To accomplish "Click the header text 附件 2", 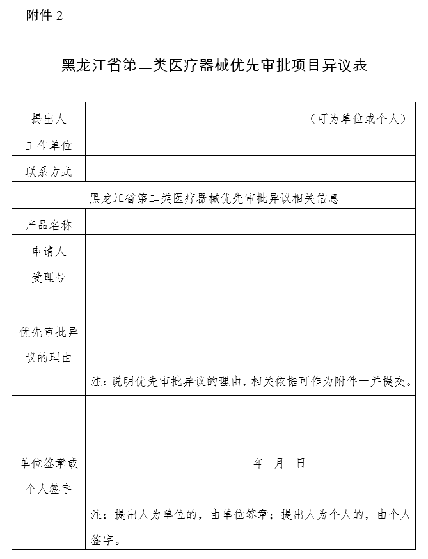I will (x=44, y=16).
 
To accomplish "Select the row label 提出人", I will (x=49, y=119).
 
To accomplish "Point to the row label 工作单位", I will (x=49, y=145).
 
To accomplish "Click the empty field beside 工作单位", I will (x=254, y=142).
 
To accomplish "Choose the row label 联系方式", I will (x=49, y=172).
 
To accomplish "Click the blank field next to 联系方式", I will (x=254, y=169).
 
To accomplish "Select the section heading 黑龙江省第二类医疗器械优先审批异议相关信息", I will (x=214, y=198).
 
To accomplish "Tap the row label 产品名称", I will (x=49, y=225).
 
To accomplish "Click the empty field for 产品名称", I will (x=254, y=222).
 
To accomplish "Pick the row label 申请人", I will (x=49, y=251).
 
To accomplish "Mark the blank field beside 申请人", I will (x=254, y=248).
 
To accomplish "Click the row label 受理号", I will (x=49, y=277).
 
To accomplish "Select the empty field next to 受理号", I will (x=254, y=274).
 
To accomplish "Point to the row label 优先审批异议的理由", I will (x=49, y=345).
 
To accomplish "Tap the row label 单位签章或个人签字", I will (x=49, y=476).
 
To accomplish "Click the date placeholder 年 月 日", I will (x=280, y=464).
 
